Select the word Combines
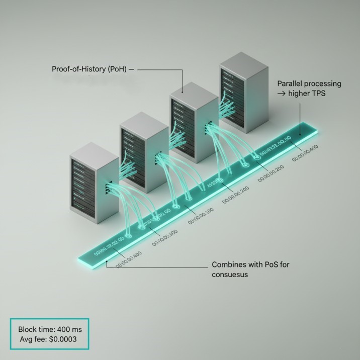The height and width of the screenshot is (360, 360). pos(229,265)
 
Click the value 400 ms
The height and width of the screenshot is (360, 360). pos(68,329)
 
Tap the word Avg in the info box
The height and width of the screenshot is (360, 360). pos(27,339)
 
